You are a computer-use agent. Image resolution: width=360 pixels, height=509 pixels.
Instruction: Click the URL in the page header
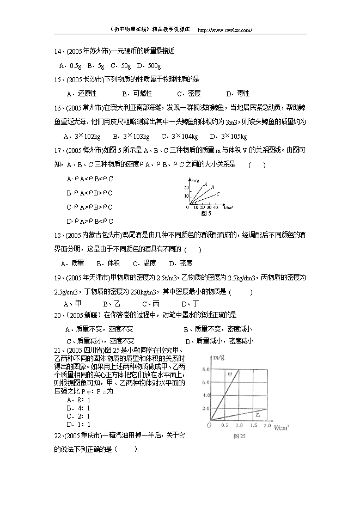click(223, 30)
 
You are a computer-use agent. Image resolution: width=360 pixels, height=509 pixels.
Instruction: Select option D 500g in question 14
click(149, 65)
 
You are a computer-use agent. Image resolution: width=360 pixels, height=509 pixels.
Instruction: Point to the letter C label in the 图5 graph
click(217, 193)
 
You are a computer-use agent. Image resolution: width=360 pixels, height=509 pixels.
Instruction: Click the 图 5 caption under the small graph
click(206, 214)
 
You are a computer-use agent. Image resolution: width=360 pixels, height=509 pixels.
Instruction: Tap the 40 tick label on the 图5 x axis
click(215, 208)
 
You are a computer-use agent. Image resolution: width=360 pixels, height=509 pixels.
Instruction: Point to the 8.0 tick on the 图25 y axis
click(205, 369)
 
